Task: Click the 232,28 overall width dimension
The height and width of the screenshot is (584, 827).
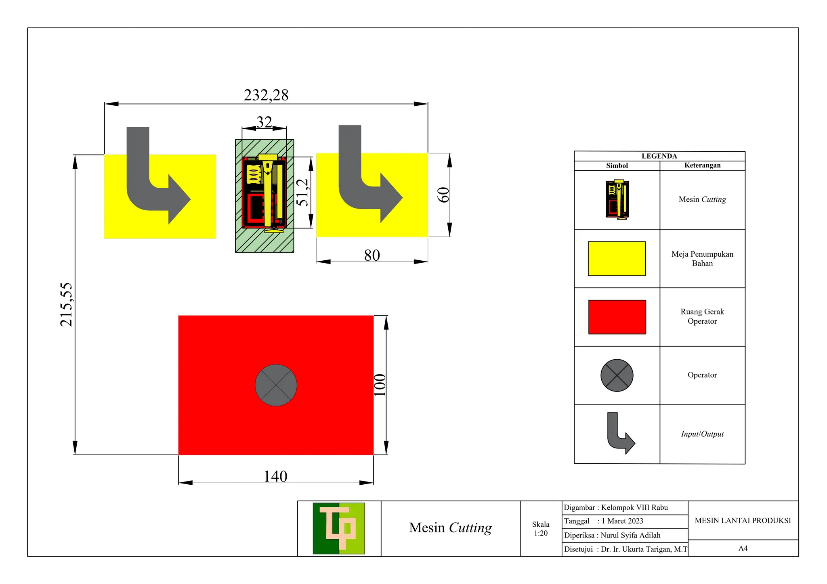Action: tap(266, 96)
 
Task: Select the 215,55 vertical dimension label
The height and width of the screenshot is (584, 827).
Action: tap(66, 305)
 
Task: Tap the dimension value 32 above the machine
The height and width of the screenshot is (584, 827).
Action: tap(264, 122)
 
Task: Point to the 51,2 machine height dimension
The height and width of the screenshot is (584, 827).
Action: tap(302, 193)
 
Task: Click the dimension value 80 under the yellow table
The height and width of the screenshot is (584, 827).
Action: tap(372, 255)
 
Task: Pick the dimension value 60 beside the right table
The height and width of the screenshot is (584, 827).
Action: tap(443, 195)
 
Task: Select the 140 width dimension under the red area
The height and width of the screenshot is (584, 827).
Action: tap(275, 477)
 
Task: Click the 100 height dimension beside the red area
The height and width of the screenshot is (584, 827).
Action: tap(380, 385)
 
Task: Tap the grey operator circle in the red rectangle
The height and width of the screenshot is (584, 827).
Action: tap(276, 385)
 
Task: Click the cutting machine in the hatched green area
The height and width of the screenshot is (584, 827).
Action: tap(264, 193)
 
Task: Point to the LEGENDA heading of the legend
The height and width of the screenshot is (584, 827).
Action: tap(659, 156)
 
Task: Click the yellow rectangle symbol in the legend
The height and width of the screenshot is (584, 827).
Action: tap(617, 259)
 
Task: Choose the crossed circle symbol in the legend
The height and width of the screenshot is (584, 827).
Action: tap(617, 375)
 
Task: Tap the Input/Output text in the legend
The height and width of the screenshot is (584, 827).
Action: tap(702, 434)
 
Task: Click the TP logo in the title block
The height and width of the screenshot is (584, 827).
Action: tap(339, 528)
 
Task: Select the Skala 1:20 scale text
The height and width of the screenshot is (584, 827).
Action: tap(541, 529)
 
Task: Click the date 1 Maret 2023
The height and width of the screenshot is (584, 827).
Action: tap(622, 521)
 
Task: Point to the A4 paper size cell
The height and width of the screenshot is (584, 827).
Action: tap(743, 548)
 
